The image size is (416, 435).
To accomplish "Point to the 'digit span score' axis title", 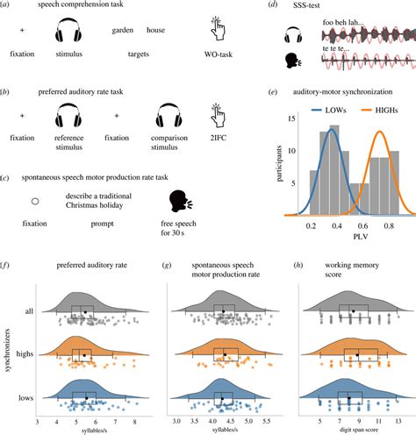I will pos(350,429).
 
